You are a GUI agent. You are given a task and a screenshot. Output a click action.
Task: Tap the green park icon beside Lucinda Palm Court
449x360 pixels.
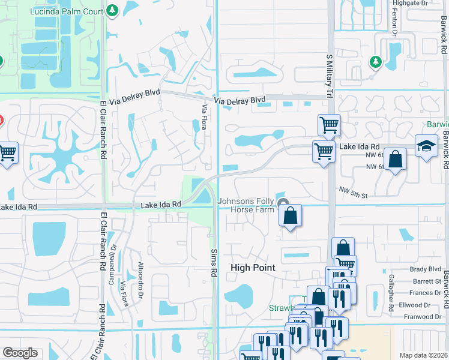[x=112, y=10]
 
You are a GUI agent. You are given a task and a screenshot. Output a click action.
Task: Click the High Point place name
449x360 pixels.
[x=253, y=268]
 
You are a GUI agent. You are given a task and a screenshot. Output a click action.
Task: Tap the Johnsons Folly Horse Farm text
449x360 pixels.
[x=246, y=205]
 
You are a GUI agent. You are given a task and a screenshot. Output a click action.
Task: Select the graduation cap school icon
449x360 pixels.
[x=426, y=147]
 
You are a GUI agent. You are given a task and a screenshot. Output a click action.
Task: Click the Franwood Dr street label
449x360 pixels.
[x=423, y=316]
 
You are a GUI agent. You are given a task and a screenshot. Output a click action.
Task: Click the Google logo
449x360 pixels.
[x=20, y=353]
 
